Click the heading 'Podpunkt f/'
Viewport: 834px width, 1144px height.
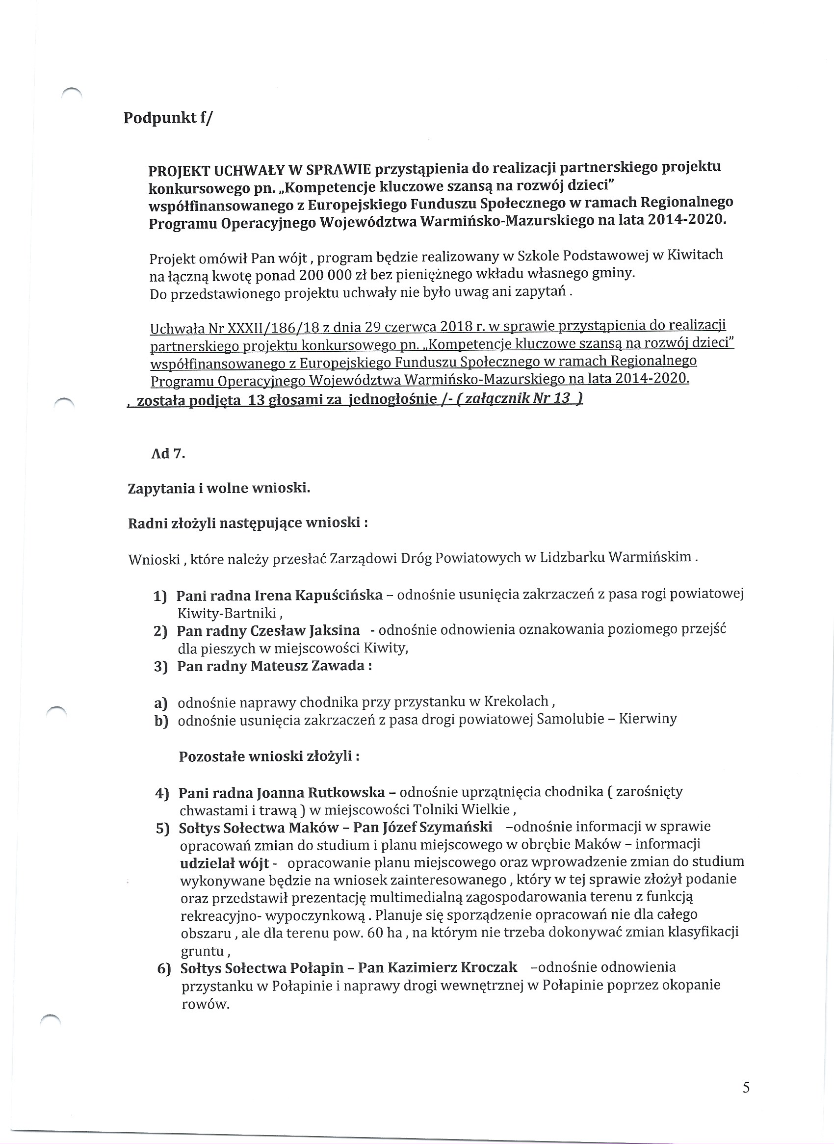168,118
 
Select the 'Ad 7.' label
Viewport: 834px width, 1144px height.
168,453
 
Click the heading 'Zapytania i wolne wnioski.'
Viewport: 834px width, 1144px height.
219,488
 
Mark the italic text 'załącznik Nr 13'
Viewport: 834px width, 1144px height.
519,399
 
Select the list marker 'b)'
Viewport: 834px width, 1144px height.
161,721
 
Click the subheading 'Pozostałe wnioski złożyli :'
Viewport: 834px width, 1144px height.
269,756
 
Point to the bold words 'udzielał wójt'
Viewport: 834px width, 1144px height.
224,862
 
